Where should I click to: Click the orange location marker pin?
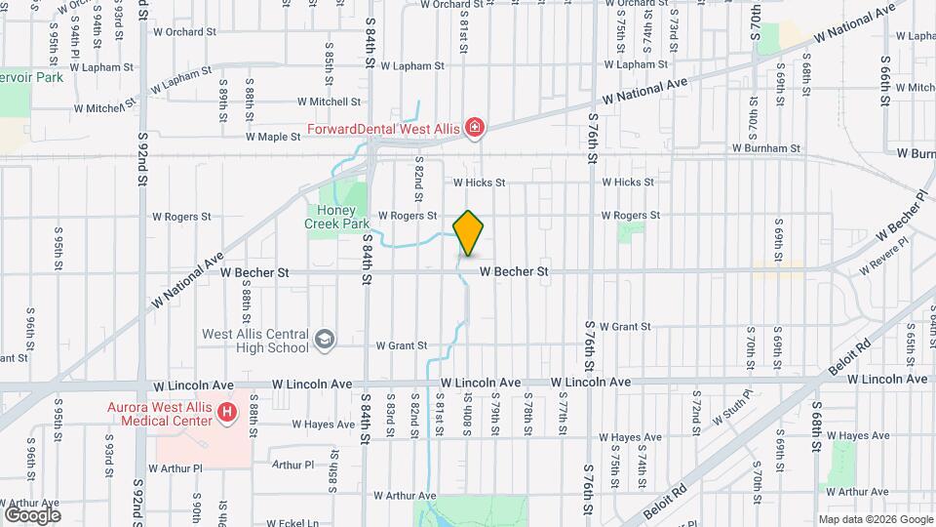[469, 232]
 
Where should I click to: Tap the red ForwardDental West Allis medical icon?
[475, 127]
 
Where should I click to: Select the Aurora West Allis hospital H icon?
[228, 413]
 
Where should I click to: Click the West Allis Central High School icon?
[324, 340]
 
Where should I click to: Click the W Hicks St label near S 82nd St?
[479, 182]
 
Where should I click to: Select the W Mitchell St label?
[329, 101]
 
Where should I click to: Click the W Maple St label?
[273, 137]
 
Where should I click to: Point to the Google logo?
[32, 513]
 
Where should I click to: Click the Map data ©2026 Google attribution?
[875, 519]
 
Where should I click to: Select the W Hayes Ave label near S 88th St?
[323, 425]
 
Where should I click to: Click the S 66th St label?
[884, 83]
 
